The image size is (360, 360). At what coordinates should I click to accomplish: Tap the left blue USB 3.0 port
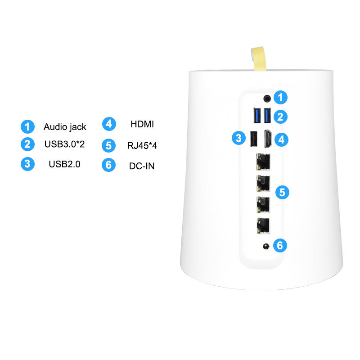tap(257, 117)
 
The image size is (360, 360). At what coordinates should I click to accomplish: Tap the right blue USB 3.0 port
tap(267, 117)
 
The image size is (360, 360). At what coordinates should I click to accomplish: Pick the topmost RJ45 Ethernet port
tap(262, 161)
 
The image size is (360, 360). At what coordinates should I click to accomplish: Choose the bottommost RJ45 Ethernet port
tap(262, 225)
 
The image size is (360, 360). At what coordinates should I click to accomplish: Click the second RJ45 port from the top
tap(262, 182)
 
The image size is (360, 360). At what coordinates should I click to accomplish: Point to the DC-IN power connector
tap(266, 246)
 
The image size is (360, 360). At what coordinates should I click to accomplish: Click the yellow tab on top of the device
tap(259, 58)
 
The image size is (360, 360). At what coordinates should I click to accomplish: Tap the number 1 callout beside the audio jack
tap(281, 97)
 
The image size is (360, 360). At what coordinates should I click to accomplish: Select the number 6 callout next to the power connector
tap(280, 245)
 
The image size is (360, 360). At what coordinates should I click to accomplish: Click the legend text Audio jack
tap(65, 127)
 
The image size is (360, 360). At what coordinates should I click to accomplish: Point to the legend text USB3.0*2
tap(65, 145)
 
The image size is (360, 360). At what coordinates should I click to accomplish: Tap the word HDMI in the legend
tap(142, 124)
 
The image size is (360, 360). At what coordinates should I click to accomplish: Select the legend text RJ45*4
tap(142, 145)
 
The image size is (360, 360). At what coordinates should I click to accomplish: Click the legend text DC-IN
tap(142, 166)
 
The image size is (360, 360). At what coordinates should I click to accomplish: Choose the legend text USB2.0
tap(64, 164)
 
